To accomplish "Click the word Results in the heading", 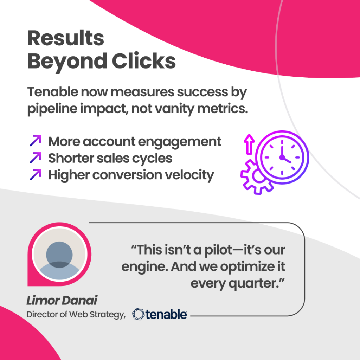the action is [66, 38].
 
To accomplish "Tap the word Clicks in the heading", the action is [144, 61].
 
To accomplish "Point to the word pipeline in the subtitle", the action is [52, 109].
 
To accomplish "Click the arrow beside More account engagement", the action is [36, 141].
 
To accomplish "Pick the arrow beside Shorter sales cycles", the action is [36, 157].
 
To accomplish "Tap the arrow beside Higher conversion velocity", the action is [36, 174].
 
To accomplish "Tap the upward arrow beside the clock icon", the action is [249, 144].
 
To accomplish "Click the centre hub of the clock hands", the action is [282, 157].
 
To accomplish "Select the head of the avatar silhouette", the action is [59, 255].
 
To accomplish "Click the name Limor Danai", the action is [62, 300].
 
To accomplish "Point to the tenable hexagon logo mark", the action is [138, 314].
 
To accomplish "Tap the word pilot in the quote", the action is [218, 250].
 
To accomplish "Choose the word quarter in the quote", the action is [253, 284].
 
